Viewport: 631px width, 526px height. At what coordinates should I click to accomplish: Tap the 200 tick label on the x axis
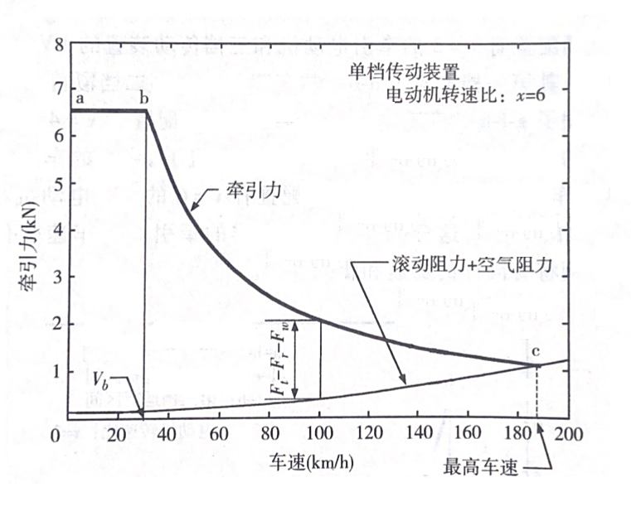pyautogui.click(x=567, y=435)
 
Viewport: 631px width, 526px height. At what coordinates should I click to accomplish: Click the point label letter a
pyautogui.click(x=80, y=99)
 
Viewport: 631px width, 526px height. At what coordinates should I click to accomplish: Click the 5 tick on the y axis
pyautogui.click(x=58, y=182)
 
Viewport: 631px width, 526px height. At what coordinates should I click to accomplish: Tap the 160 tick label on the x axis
pyautogui.click(x=469, y=435)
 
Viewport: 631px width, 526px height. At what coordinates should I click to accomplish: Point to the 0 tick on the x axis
pyautogui.click(x=60, y=435)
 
